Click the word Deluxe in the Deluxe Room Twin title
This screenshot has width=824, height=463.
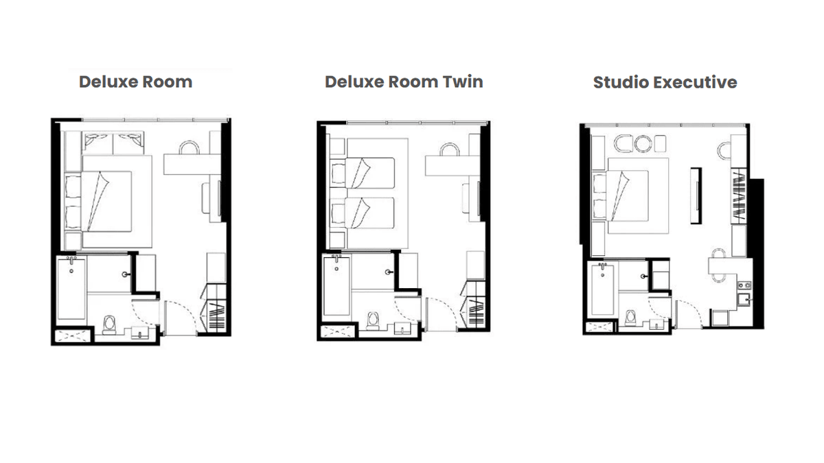354,82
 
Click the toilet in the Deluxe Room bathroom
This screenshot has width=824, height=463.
109,325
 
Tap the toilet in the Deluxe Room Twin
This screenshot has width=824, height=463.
373,321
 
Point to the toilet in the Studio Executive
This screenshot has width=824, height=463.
630,318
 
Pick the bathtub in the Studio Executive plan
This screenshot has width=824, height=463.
602,289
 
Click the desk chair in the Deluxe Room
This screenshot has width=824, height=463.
189,147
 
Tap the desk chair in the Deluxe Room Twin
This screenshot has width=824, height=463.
450,150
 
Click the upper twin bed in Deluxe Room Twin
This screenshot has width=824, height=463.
363,173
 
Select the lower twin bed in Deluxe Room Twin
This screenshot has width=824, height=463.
363,213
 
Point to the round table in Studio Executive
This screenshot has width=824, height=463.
643,143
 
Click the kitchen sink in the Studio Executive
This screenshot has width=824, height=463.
743,300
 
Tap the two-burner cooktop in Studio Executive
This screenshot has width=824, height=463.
744,285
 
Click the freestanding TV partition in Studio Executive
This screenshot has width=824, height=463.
696,195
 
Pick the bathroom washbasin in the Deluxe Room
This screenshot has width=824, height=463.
139,333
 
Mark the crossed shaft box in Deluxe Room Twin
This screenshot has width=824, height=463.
337,331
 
